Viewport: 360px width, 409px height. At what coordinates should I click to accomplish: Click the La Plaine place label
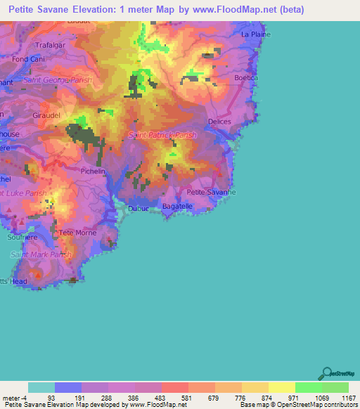255,33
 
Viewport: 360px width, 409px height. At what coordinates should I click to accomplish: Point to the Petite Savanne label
211,192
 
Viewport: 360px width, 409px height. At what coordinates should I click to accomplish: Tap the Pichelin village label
93,171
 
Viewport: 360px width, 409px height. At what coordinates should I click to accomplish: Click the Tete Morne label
77,233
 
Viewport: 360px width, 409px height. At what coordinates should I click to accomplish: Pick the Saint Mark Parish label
41,254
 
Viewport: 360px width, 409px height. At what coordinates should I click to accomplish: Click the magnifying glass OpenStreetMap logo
325,373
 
